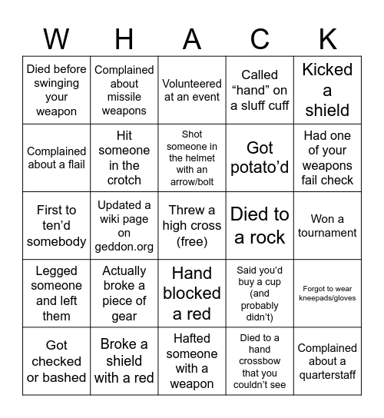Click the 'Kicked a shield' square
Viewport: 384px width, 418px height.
coord(327,90)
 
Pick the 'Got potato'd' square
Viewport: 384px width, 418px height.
coord(260,158)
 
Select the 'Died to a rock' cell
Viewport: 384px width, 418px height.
coord(260,226)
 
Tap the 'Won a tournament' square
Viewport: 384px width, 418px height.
coord(327,226)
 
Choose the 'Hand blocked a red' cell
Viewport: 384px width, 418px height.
coord(192,293)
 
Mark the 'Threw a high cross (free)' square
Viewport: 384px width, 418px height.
coord(192,226)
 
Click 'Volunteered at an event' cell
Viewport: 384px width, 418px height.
coord(192,90)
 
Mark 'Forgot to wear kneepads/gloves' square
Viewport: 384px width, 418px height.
coord(327,293)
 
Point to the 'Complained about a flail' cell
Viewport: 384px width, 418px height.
coord(57,158)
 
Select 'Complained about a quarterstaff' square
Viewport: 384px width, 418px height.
coord(327,361)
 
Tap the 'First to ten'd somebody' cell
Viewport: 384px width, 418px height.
coord(57,226)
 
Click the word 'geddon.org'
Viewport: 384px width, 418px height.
coord(124,247)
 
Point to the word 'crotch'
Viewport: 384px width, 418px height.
coord(124,180)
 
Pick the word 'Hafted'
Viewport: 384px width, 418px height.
coord(192,338)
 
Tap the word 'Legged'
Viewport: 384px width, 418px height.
coord(57,270)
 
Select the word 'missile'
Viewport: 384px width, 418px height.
coord(124,98)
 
